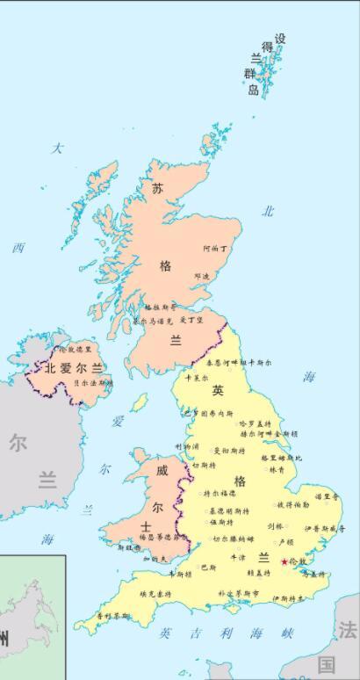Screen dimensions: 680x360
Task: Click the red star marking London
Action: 283,560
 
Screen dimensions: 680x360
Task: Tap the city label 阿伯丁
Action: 215,249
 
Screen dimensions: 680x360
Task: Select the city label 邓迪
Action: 202,276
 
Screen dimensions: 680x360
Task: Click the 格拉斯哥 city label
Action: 160,307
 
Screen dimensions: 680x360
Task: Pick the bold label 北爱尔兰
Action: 68,368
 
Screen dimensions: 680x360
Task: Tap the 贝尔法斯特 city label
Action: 93,383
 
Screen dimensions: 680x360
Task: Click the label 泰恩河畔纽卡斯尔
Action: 232,361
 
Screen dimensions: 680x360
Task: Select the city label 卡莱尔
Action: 196,379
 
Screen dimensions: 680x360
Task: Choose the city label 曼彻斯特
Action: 228,451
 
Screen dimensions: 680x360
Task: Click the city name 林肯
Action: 276,470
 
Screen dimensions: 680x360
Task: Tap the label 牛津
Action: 237,557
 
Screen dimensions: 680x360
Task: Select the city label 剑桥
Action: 276,526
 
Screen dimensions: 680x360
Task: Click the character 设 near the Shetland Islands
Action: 280,40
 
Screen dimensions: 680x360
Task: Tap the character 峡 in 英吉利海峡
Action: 286,633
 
